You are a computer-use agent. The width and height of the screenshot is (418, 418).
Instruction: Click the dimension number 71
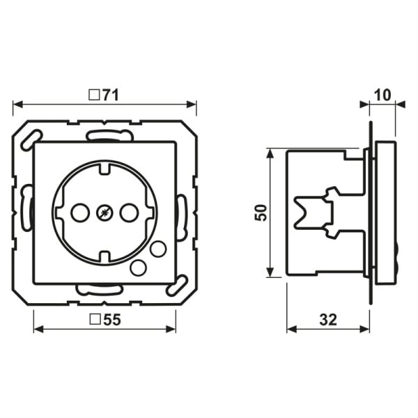110,95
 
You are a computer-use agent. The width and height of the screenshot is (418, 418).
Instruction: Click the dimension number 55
112,319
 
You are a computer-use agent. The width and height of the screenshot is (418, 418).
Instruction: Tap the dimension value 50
261,212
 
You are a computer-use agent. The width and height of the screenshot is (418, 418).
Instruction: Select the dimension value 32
328,320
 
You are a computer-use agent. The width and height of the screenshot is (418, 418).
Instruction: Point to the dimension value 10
382,95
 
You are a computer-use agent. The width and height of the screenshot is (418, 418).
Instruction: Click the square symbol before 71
94,95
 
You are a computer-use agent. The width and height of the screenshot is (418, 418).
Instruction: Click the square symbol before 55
95,319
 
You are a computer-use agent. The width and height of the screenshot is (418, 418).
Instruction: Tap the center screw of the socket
104,213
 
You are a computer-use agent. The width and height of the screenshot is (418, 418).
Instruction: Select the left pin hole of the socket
80,212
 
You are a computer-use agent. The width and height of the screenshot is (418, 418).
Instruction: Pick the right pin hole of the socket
129,212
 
